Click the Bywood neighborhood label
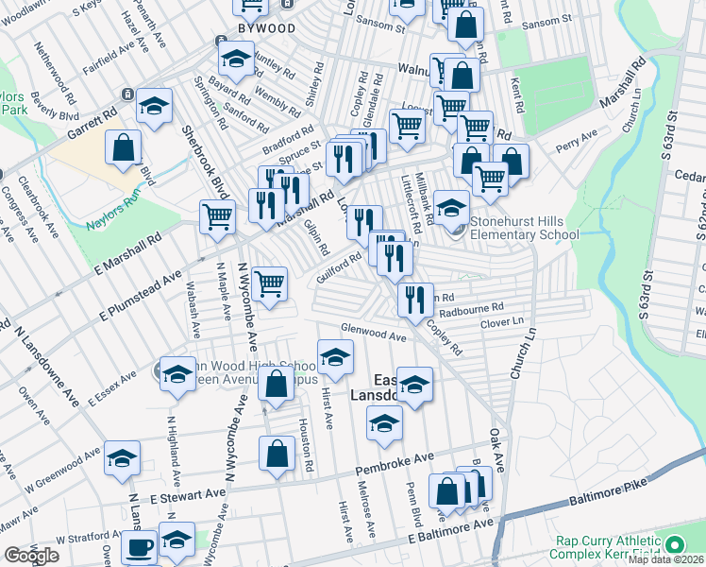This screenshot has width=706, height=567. (x=266, y=28)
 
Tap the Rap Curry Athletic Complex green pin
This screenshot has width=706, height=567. (x=674, y=545)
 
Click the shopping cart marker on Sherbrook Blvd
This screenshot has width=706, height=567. (x=217, y=215)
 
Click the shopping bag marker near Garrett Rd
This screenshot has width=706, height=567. (x=123, y=146)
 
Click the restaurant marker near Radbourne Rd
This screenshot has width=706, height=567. (x=415, y=298)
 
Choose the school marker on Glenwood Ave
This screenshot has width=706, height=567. (x=334, y=356)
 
